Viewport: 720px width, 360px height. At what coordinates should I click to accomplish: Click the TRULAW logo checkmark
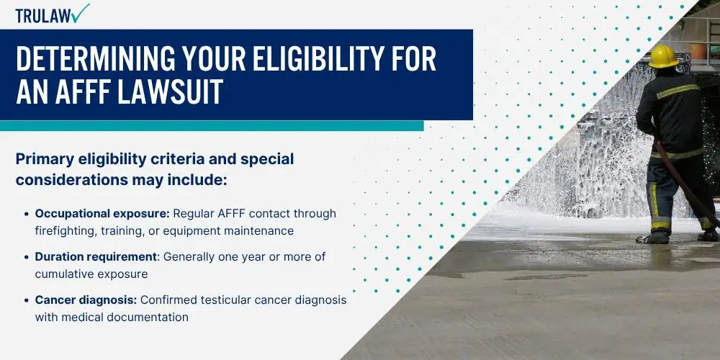point(81,13)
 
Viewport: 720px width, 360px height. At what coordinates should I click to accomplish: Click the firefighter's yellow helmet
point(663,56)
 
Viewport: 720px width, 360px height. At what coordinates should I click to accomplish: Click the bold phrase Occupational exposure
point(102,214)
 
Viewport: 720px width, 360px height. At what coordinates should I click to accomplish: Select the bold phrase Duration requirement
point(96,257)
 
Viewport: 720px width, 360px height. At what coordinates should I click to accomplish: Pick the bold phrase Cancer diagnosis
point(86,300)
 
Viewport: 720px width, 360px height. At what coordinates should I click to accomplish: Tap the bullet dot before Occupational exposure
point(26,214)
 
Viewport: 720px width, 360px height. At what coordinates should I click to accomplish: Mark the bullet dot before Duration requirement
point(26,257)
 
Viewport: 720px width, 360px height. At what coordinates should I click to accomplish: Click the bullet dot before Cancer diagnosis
point(26,300)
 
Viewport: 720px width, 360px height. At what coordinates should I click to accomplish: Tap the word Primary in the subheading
point(45,160)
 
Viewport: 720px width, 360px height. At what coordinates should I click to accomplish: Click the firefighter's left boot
point(652,238)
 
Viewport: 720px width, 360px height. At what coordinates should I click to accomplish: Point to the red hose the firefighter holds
point(684,182)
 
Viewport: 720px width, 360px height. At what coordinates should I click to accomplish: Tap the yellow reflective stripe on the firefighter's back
point(678,91)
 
